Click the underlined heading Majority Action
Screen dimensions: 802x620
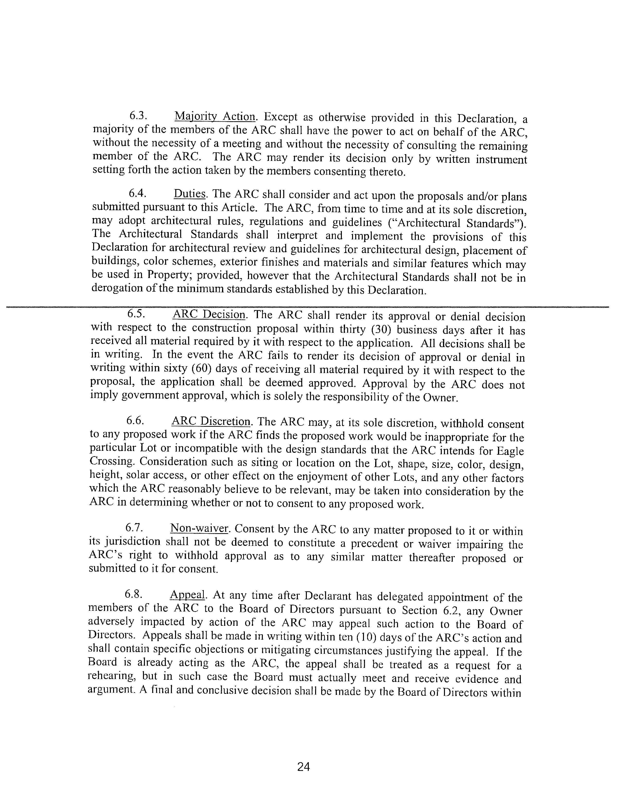(214, 117)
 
